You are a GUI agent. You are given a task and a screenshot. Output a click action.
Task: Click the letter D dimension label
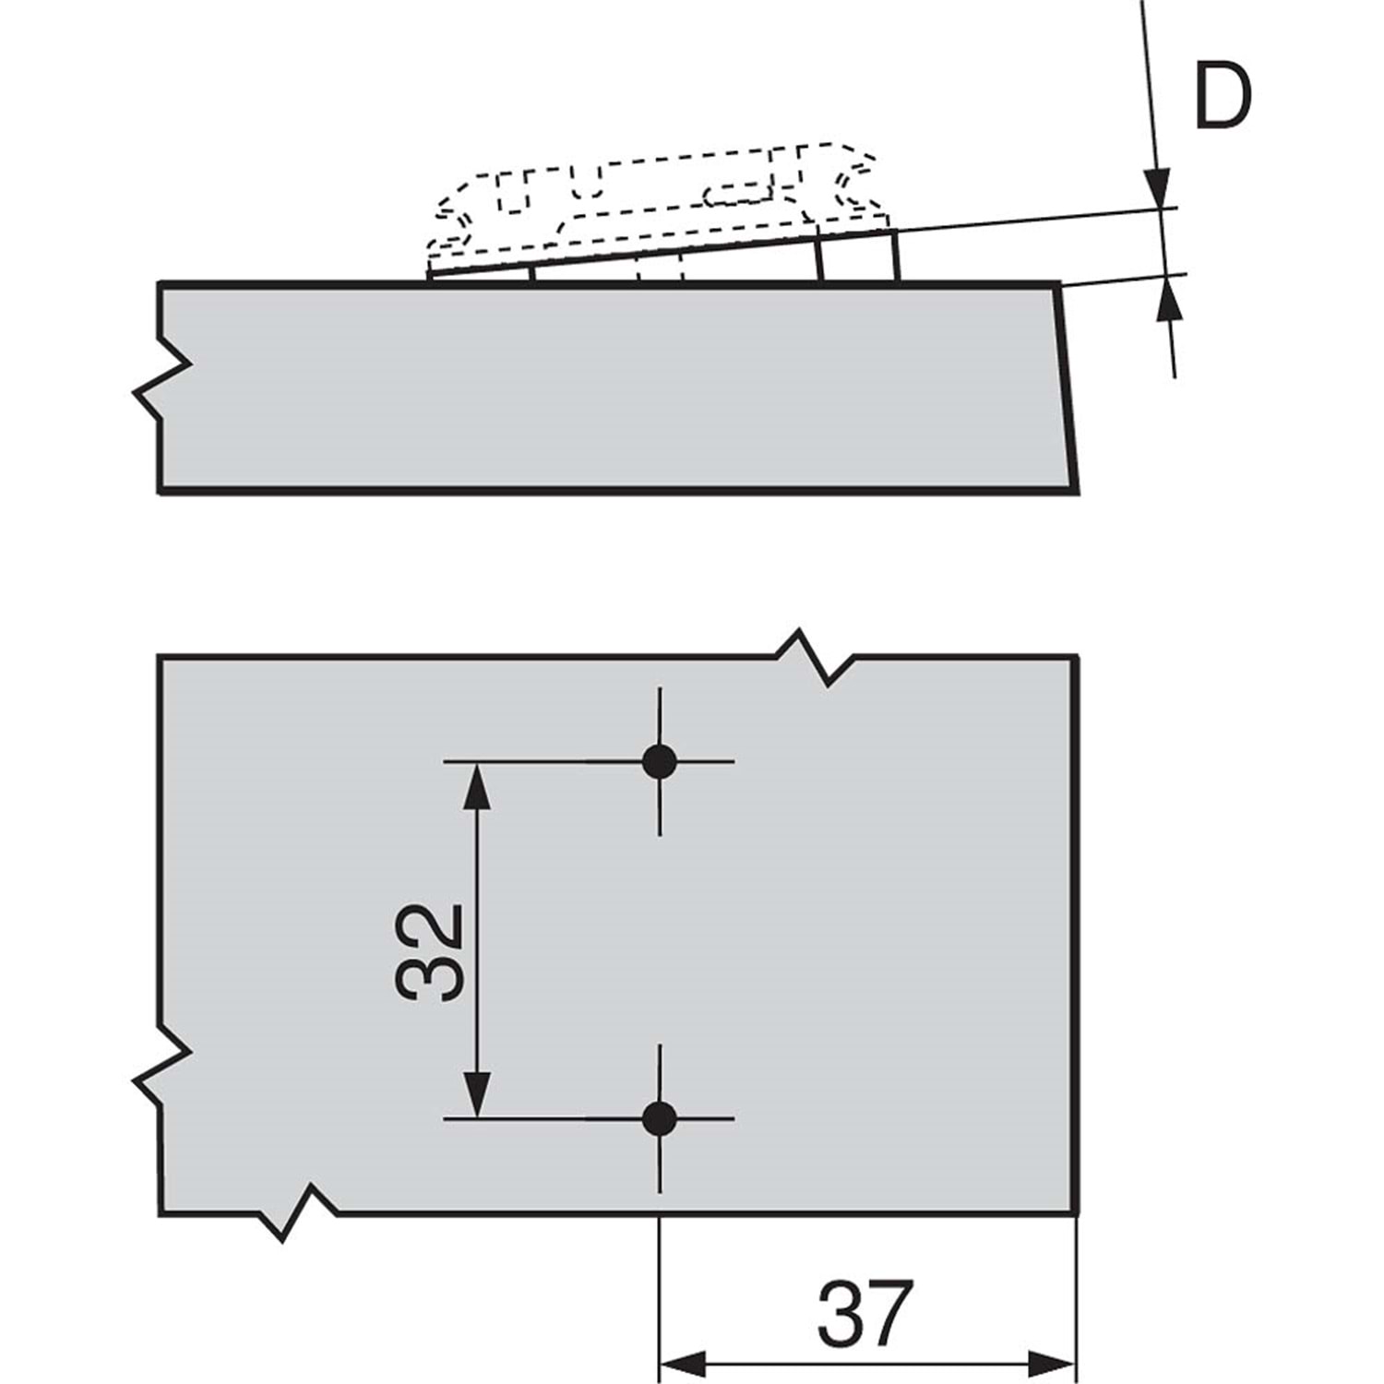point(1223,96)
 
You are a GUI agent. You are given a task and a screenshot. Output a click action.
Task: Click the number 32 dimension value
point(428,953)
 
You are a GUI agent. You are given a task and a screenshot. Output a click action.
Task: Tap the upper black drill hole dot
point(659,761)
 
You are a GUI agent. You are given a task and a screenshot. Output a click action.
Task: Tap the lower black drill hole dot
point(659,1119)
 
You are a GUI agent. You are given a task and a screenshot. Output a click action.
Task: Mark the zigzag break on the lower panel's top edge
point(814,657)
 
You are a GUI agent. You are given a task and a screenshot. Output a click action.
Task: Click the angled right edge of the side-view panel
point(1067,388)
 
